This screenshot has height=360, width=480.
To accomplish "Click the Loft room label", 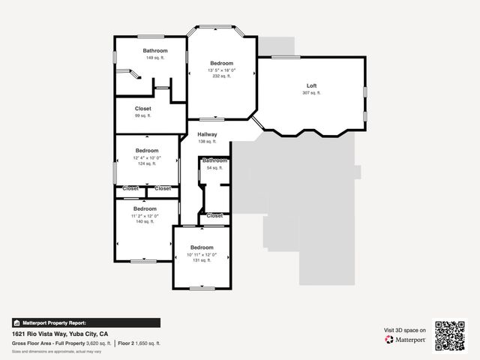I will (311, 85).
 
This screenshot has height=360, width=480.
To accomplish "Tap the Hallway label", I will (207, 134).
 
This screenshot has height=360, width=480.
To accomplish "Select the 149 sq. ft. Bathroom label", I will (155, 50).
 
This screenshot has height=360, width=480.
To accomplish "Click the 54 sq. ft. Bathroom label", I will (214, 160).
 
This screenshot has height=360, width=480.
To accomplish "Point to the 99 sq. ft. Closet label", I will (142, 109).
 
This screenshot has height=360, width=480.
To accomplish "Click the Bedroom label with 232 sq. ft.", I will (221, 63).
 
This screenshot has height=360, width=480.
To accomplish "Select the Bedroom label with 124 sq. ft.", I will (147, 150).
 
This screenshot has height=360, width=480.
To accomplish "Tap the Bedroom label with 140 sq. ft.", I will (145, 208).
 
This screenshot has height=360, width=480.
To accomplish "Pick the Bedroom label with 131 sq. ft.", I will (201, 247).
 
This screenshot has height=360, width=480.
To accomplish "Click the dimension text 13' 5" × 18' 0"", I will (221, 70).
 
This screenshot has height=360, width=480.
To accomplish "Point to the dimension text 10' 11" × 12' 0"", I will (201, 253).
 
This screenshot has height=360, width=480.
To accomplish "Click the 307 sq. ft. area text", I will (311, 93).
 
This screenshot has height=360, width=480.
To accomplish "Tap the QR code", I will (451, 334).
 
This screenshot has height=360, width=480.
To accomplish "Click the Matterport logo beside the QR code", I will (406, 340).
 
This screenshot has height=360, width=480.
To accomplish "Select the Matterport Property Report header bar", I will (85, 322).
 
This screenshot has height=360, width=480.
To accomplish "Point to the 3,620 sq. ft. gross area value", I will (97, 343).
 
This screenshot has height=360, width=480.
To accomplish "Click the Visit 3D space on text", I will (405, 330).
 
